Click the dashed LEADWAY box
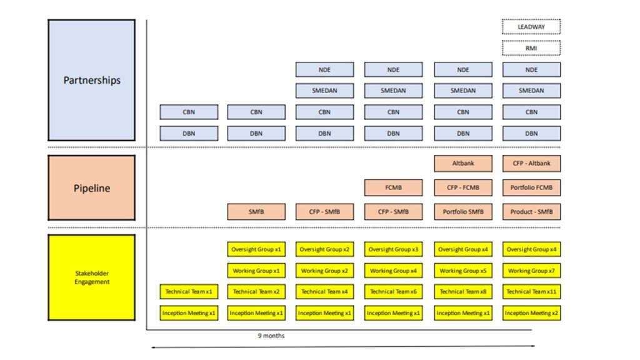531,27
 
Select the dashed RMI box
531,48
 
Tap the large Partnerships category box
92,80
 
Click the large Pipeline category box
92,188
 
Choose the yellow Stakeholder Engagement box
92,277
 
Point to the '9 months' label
271,336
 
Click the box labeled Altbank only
463,164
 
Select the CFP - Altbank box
531,164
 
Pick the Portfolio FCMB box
531,187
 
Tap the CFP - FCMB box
463,187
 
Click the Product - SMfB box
531,212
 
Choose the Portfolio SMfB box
463,212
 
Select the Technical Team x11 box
531,291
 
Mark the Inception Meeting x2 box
531,313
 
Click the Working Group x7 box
531,271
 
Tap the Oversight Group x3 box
393,249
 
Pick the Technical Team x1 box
189,291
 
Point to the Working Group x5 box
463,271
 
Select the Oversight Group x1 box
256,249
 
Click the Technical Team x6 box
393,291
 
